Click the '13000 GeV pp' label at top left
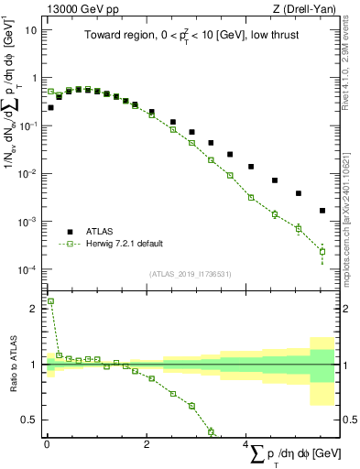pos(81,8)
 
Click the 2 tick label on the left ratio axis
pos(33,309)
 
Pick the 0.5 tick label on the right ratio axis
pos(348,420)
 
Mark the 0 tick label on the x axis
pos(46,444)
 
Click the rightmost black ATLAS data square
pos(322,211)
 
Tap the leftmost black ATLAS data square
pos(50,107)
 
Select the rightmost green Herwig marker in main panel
pos(322,251)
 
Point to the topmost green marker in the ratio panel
pos(50,300)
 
